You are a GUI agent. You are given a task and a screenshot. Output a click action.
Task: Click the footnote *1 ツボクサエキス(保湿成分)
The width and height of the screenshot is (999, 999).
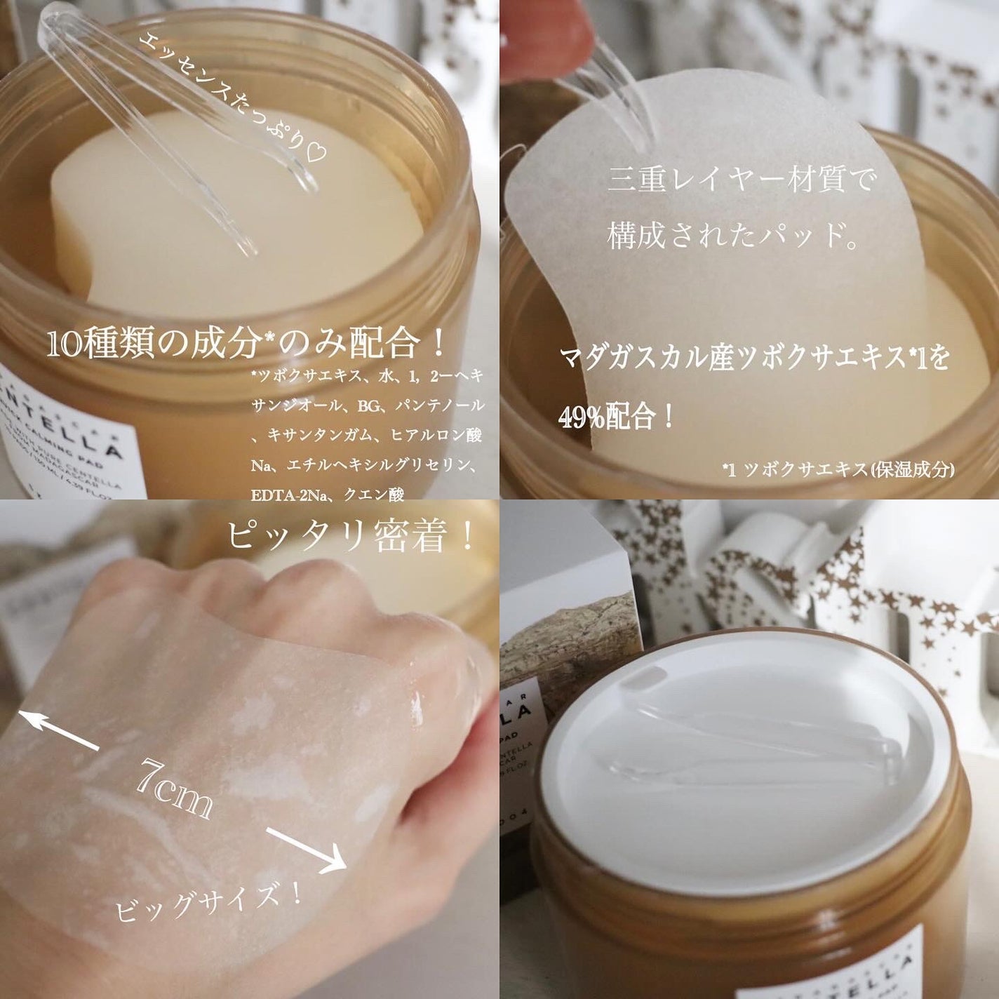[x=838, y=469]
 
